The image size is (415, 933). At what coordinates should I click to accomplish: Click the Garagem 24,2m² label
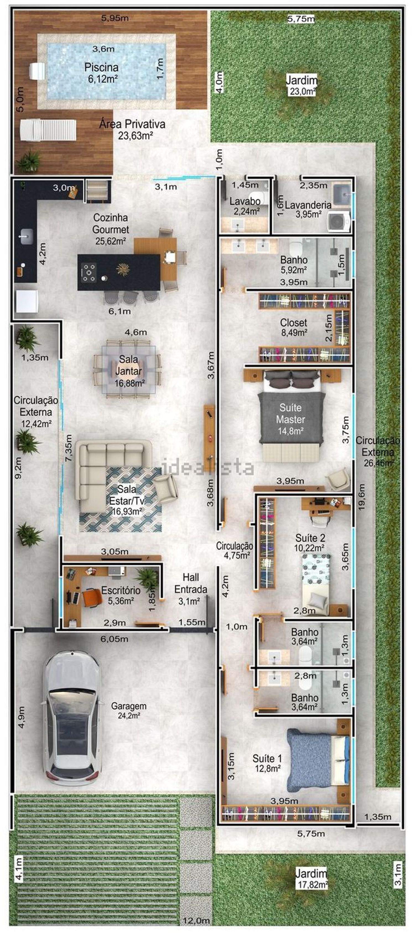[129, 710]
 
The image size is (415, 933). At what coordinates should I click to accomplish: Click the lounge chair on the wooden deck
[48, 130]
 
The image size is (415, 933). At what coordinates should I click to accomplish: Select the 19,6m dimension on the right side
[361, 497]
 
